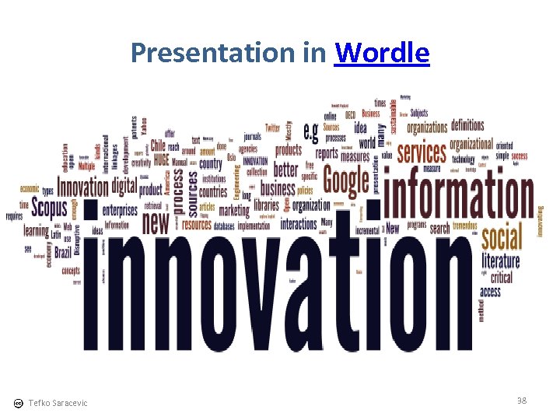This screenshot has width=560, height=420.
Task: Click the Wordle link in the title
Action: tap(381, 53)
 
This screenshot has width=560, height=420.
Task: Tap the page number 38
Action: tap(521, 400)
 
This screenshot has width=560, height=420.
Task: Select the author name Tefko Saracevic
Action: tap(58, 402)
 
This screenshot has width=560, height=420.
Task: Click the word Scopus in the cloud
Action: tap(48, 209)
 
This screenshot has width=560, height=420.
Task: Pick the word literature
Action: tap(501, 261)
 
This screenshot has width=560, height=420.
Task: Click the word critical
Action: tap(502, 277)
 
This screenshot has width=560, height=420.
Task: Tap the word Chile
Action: tap(158, 145)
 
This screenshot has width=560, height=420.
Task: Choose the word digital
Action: tap(124, 186)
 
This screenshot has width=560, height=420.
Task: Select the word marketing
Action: tap(234, 210)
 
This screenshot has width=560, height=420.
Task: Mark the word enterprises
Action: tap(120, 210)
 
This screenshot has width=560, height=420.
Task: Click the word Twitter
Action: tap(272, 128)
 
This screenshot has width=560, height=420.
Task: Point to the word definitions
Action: tap(467, 124)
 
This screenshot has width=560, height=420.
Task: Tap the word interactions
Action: tap(299, 224)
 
